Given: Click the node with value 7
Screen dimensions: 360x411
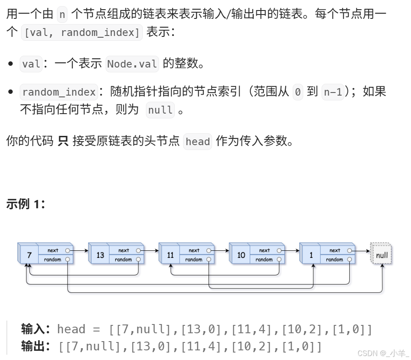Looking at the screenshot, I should (29, 255).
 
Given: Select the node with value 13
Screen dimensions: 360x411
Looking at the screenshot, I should (100, 255).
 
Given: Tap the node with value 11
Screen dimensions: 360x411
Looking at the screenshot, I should (170, 255).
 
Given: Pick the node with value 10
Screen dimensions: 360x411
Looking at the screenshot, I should (241, 255).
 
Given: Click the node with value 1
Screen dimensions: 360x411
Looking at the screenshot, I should (311, 255).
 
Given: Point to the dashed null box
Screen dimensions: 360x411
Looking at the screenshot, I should (382, 255).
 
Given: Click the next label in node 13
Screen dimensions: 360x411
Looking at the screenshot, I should (124, 250).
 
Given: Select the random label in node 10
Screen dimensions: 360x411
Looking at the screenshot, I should (264, 260).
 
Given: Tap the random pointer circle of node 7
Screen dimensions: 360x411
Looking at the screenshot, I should (67, 260).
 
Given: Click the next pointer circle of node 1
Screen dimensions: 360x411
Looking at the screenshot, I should (349, 250).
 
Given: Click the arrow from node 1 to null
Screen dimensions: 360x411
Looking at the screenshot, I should (361, 250).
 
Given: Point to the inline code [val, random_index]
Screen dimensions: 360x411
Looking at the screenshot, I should (82, 32).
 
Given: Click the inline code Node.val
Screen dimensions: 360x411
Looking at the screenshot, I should (132, 64).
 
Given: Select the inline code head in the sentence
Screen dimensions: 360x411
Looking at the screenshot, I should (198, 142).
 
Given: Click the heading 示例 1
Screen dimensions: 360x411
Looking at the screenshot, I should (26, 204).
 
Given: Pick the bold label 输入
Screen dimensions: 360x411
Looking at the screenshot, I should (35, 328).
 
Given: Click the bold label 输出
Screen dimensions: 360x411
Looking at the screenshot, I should (35, 346).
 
